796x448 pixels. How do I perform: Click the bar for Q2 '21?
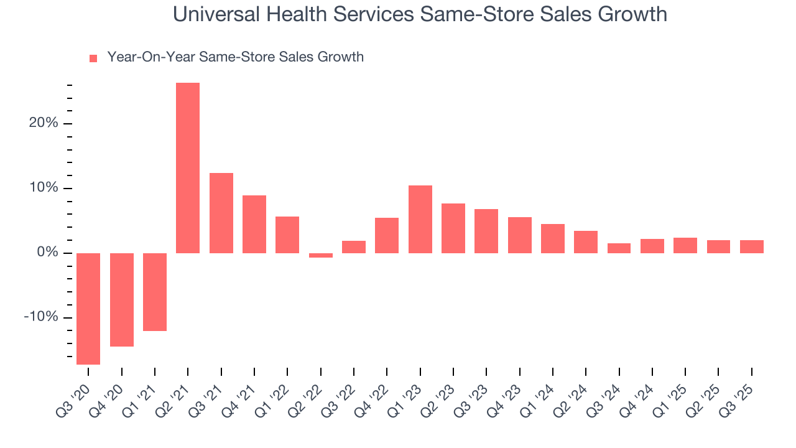tap(188, 168)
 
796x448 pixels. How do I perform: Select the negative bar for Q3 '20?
tap(88, 309)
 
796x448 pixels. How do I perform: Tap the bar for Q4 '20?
tap(122, 300)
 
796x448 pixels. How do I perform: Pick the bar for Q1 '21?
tap(155, 292)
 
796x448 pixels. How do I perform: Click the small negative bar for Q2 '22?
tap(321, 255)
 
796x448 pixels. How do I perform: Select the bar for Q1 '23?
tap(420, 219)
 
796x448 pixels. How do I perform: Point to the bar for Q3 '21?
tap(221, 213)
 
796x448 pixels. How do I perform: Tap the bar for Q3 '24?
tap(619, 248)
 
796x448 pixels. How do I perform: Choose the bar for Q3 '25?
tap(751, 246)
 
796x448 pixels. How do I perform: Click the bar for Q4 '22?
tap(387, 235)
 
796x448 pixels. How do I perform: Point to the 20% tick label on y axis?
tap(44, 123)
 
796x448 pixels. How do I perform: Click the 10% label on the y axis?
tap(44, 188)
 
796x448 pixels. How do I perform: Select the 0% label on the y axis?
tap(47, 253)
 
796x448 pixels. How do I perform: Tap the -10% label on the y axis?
tap(41, 317)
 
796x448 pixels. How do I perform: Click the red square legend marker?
tap(93, 58)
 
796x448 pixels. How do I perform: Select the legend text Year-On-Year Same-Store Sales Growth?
tap(235, 57)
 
